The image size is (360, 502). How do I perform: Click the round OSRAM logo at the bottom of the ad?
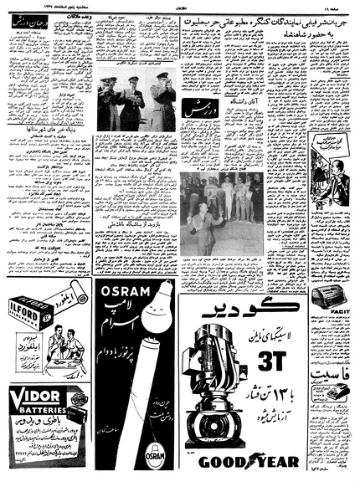[x=156, y=476]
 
